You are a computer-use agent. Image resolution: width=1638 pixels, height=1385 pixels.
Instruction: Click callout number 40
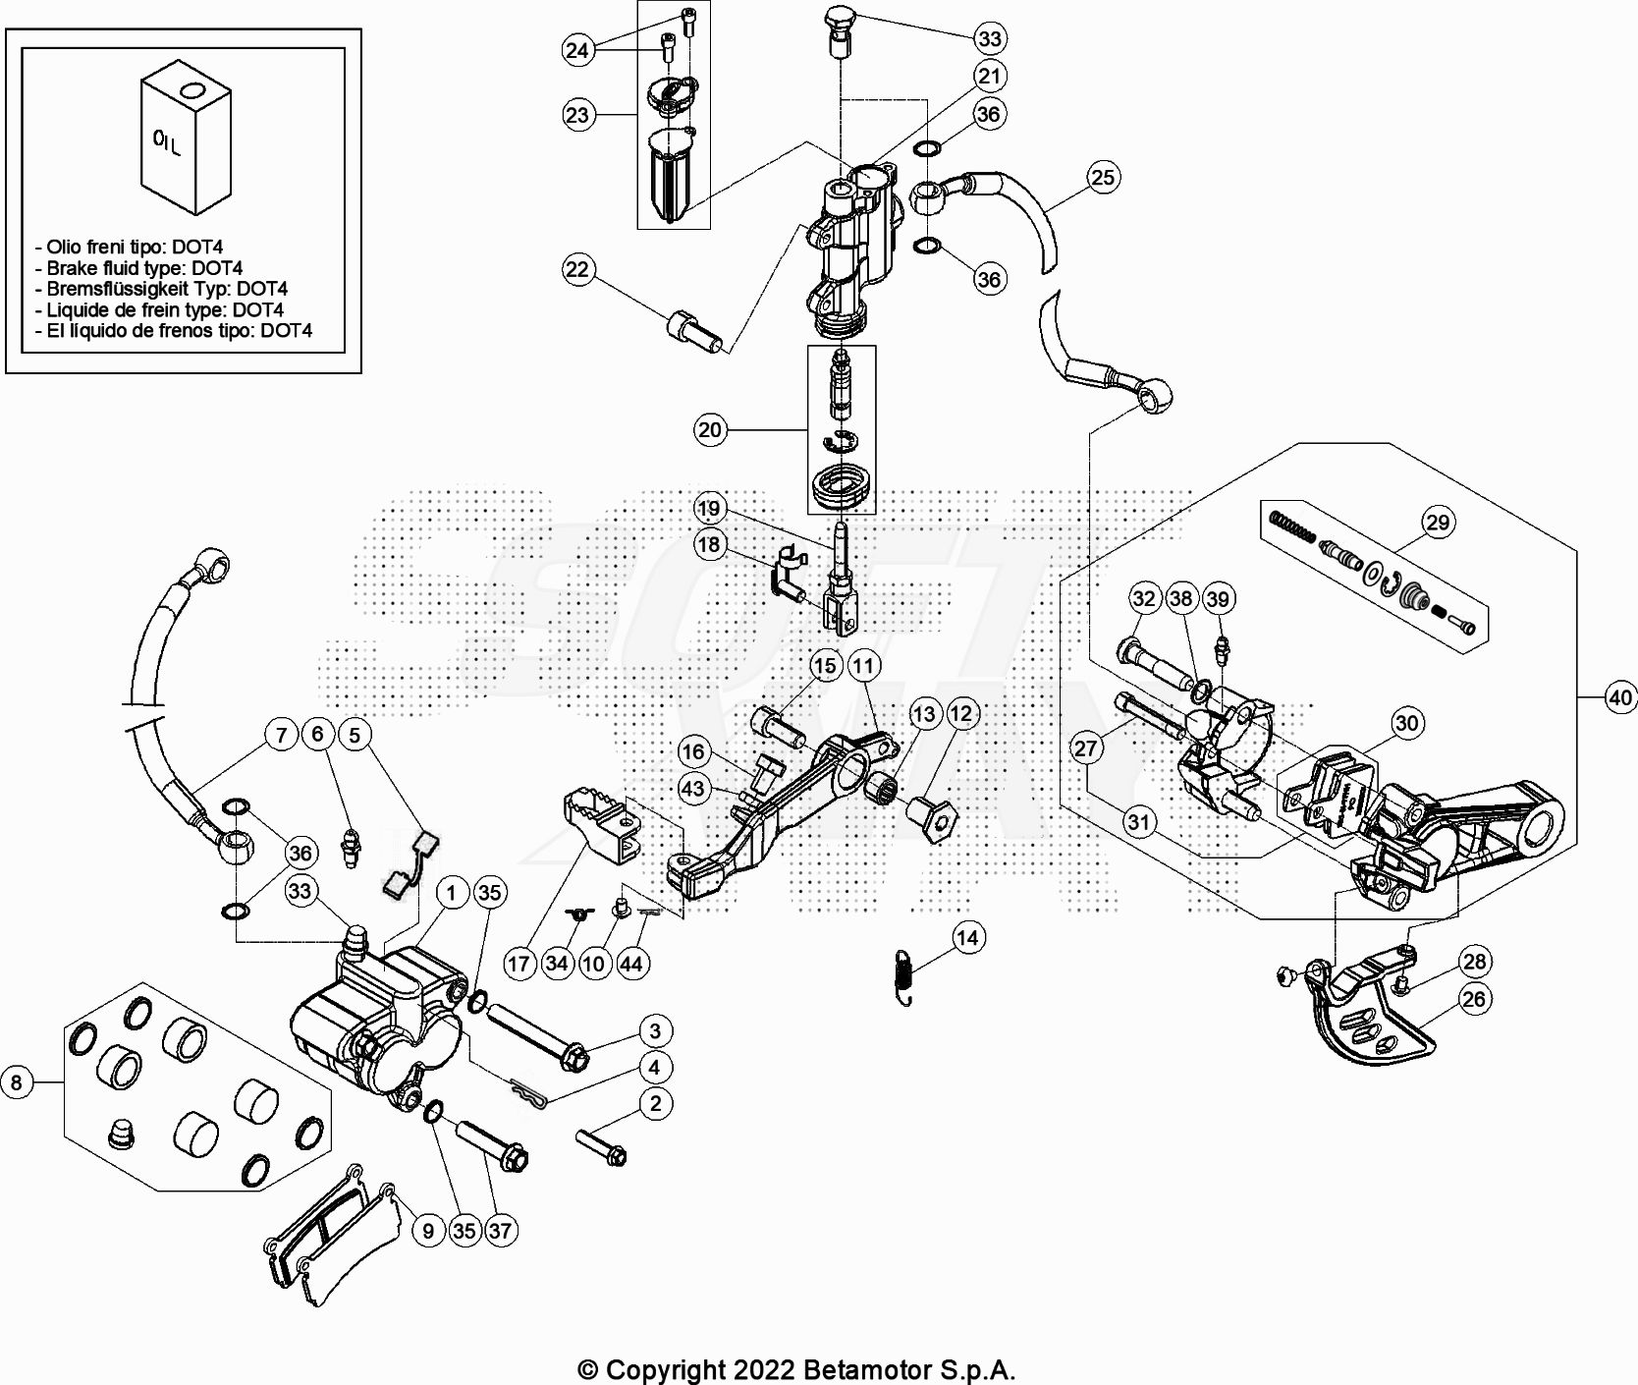(1620, 697)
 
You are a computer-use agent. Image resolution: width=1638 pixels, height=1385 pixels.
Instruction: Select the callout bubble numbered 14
(967, 938)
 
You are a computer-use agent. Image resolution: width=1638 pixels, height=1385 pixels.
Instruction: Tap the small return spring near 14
(906, 976)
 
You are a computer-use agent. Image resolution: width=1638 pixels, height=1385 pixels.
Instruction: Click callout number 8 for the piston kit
(16, 1082)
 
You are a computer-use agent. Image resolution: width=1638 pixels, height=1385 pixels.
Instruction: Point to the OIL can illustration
(185, 138)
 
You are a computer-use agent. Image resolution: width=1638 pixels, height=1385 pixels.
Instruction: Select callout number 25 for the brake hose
(1104, 177)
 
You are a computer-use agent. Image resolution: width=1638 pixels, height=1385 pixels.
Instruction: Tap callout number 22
(577, 269)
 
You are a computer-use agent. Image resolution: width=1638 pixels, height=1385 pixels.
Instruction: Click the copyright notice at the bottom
(795, 1369)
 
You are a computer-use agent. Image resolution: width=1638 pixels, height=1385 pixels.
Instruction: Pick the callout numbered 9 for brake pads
(428, 1230)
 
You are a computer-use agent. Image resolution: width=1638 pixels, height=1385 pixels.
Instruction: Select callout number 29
(1438, 523)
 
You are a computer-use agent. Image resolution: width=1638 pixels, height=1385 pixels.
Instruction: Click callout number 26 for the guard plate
(1474, 999)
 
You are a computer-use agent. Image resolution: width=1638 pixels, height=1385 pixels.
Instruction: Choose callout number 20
(709, 429)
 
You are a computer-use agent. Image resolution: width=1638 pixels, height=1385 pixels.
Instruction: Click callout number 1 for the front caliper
(452, 893)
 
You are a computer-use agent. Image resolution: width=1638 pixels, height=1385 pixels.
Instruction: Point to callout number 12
(961, 714)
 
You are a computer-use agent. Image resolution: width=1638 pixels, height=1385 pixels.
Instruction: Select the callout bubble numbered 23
(577, 115)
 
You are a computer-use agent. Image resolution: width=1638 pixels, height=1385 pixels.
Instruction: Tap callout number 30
(1406, 723)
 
